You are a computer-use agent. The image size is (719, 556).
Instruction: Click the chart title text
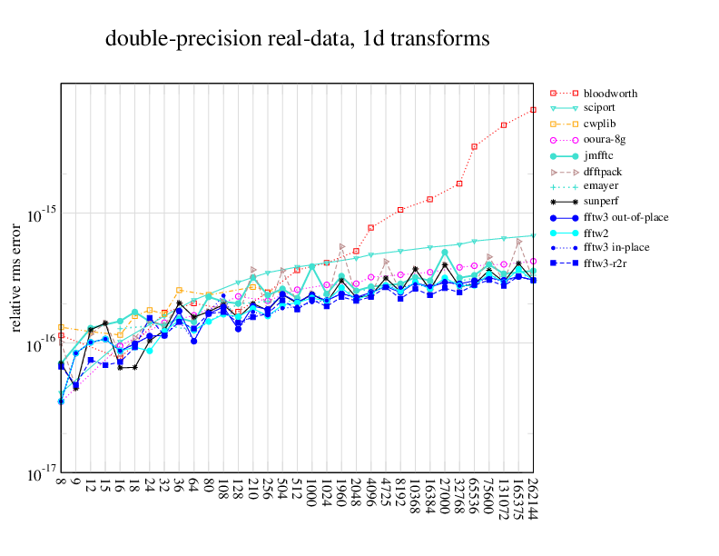(x=298, y=39)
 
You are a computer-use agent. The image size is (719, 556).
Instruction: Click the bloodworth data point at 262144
(x=533, y=110)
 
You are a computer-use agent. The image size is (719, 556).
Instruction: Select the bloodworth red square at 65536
(x=474, y=146)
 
